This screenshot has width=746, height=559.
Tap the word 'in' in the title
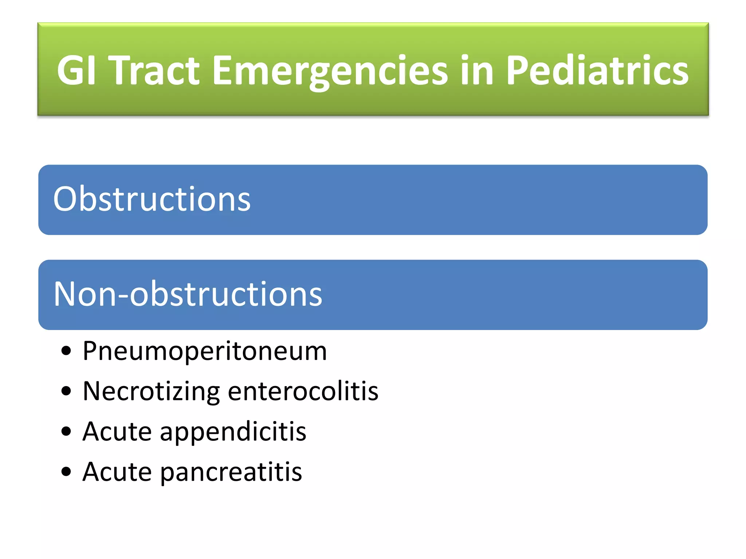coord(477,70)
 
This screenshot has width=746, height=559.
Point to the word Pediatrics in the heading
coord(597,70)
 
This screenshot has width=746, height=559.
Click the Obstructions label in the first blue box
coord(152,199)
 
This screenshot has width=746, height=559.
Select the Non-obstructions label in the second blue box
coord(188,294)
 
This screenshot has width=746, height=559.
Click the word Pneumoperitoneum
coord(205,352)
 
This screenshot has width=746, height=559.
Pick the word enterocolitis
coord(303,391)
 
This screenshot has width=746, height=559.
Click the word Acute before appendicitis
coord(117,432)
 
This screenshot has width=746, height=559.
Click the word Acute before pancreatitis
coord(117,472)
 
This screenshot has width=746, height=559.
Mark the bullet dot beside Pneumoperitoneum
coord(66,352)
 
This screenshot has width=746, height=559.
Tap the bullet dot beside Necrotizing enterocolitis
coord(66,392)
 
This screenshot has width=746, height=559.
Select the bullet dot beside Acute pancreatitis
coord(66,472)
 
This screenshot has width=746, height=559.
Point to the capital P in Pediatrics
coord(517,70)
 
